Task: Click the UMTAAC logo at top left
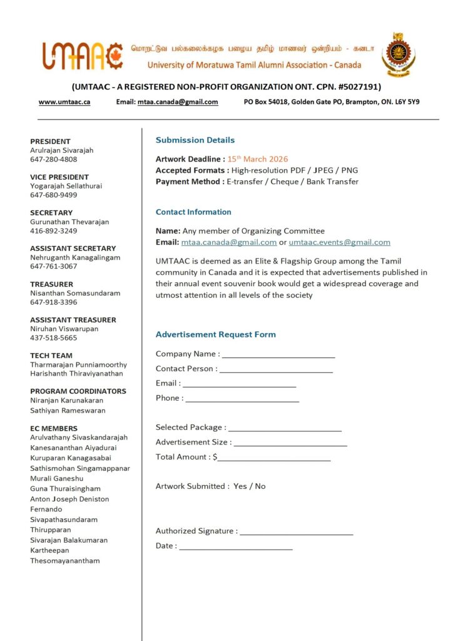click(82, 55)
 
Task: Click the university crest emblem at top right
click(398, 55)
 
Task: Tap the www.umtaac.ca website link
click(64, 101)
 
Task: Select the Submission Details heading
click(195, 140)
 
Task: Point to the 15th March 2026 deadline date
click(258, 159)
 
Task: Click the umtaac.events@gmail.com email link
click(339, 242)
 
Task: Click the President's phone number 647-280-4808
click(54, 160)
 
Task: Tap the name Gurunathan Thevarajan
click(69, 222)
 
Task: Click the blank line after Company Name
click(278, 355)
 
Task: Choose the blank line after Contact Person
click(276, 370)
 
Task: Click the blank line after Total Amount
click(273, 458)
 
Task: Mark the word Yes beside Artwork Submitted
click(240, 486)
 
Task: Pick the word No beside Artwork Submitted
click(260, 486)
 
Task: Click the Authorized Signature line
click(297, 532)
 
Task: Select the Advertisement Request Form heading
click(215, 334)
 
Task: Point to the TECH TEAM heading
click(51, 356)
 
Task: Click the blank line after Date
click(236, 547)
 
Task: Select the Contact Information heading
click(193, 212)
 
